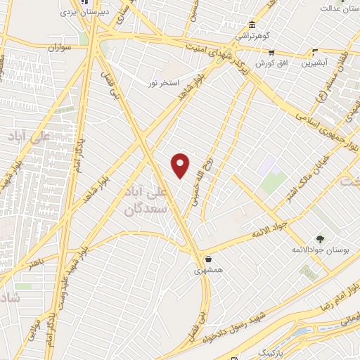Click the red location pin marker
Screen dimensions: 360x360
tap(181, 165)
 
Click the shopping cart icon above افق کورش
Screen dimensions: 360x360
tap(271, 52)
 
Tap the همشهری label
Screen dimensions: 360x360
tap(209, 269)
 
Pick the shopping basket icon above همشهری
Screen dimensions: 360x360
tap(209, 257)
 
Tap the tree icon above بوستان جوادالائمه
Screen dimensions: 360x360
tap(320, 239)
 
